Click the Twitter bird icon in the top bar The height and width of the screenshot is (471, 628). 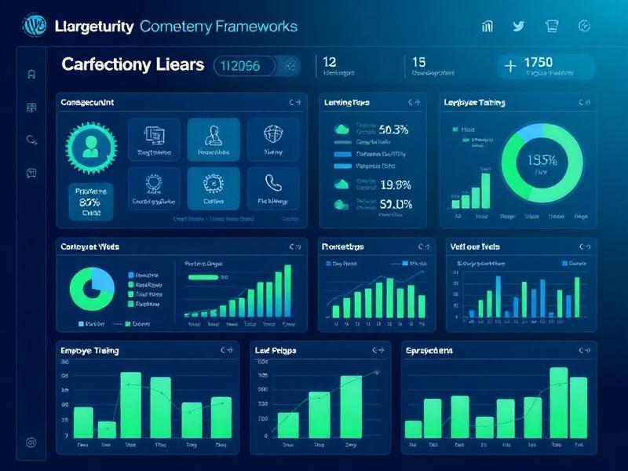[518, 26]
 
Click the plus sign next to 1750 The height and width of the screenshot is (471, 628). [511, 66]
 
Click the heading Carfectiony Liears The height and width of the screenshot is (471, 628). [133, 64]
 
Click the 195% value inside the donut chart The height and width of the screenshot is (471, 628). [541, 161]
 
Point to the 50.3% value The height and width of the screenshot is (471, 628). [393, 130]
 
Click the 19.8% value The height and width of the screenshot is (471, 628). [396, 185]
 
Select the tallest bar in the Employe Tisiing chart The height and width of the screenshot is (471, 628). [130, 404]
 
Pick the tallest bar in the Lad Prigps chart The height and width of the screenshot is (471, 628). [351, 406]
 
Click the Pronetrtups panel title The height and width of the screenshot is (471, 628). [343, 246]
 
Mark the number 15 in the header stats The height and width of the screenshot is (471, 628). [418, 61]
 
